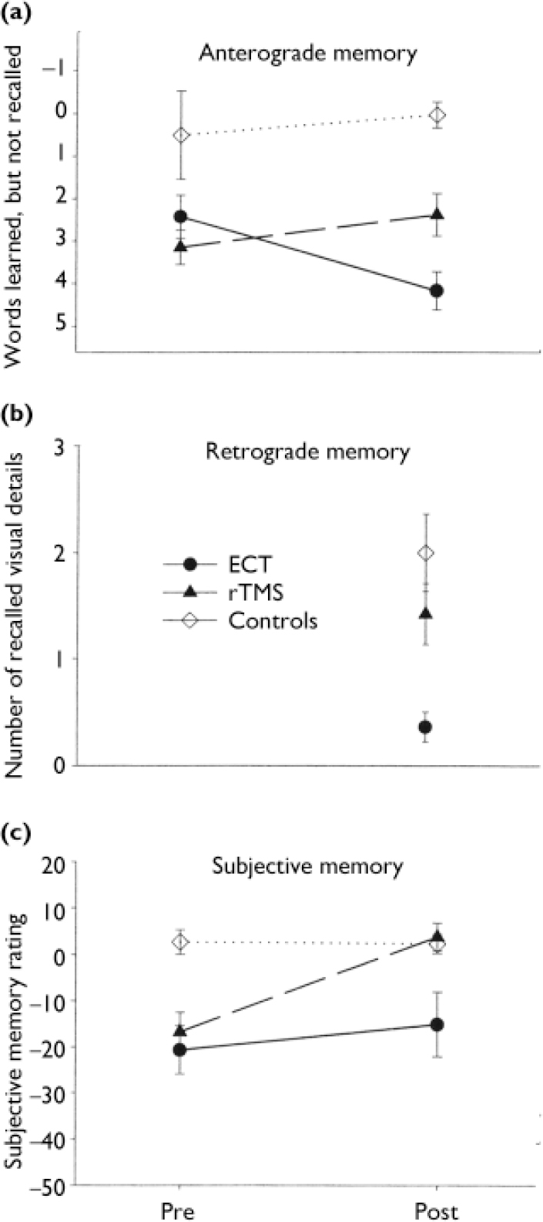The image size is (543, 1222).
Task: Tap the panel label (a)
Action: point(16,13)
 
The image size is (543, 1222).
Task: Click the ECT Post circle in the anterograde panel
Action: point(437,290)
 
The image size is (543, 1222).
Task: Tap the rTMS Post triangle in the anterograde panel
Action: point(437,213)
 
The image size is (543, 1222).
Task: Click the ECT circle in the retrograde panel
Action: point(424,727)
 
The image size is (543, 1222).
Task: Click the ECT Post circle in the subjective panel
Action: point(437,1024)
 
